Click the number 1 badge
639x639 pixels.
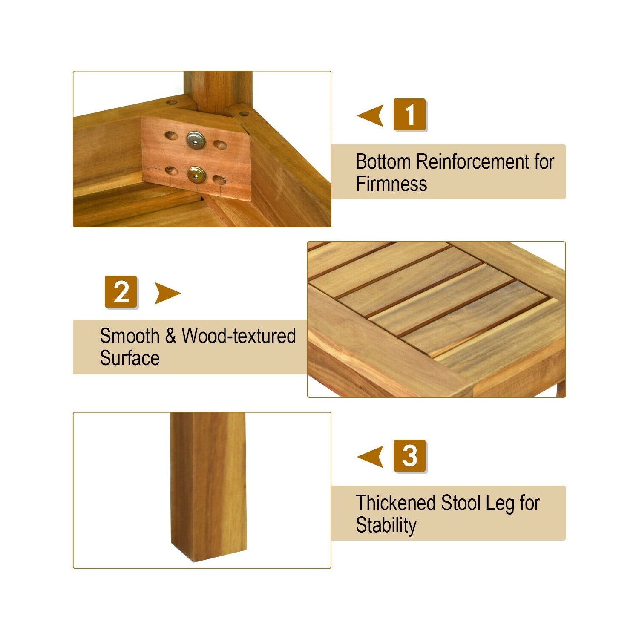(x=409, y=114)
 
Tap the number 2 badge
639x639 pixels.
(x=121, y=292)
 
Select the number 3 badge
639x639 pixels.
(x=409, y=456)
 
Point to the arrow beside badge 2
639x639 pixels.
(x=167, y=293)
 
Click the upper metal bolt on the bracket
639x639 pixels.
(x=196, y=140)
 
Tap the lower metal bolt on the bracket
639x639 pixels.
(x=196, y=174)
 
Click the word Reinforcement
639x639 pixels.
(x=472, y=162)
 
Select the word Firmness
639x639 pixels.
(x=391, y=184)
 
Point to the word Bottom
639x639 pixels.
(x=383, y=162)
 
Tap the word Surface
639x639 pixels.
(x=130, y=358)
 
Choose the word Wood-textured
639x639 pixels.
(x=239, y=336)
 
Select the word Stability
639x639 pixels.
(x=386, y=526)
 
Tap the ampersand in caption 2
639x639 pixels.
(x=170, y=336)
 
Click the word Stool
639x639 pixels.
(x=461, y=503)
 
